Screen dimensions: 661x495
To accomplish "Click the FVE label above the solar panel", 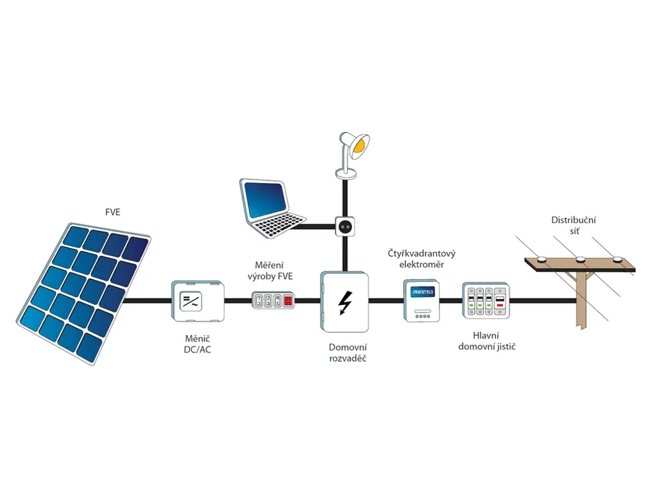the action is tap(112, 212).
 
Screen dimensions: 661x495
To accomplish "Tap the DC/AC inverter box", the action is tap(198, 301).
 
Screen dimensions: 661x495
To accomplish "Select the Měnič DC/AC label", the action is tap(197, 344).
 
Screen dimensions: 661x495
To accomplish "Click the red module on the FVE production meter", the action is tap(288, 300).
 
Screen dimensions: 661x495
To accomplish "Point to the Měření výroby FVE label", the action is tap(270, 271).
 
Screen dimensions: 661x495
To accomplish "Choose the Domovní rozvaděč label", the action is tap(348, 352).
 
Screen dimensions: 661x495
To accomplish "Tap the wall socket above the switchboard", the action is tap(345, 226).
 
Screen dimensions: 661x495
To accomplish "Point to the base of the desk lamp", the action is tap(346, 173).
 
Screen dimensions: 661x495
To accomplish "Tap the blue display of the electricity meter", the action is tap(422, 291).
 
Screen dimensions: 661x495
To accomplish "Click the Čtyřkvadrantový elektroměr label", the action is tap(422, 259).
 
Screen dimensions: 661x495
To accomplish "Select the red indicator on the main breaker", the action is tap(500, 304).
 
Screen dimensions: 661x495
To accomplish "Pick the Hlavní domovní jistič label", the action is tap(486, 341).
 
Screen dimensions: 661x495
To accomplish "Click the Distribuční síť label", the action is tap(574, 225).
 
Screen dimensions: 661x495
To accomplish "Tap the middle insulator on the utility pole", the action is tap(580, 259).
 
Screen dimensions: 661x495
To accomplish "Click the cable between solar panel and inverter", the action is tap(147, 301).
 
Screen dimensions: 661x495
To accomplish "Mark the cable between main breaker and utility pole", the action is tap(543, 301).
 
